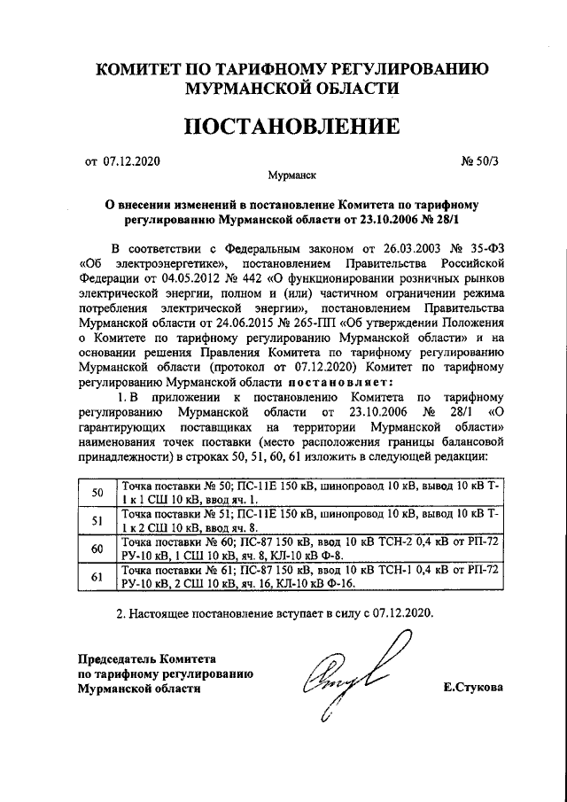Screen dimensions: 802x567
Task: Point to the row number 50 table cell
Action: [97, 493]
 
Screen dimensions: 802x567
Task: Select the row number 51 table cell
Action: [97, 519]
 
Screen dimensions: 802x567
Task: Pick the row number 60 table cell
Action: [97, 549]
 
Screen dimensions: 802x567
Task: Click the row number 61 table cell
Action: [97, 577]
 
